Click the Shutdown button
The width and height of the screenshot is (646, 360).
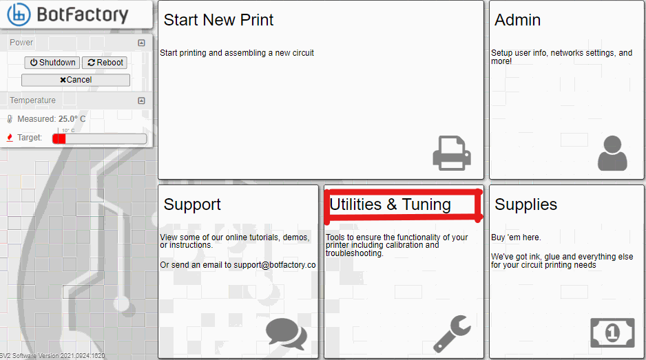[x=52, y=63]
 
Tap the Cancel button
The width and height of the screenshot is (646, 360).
[x=75, y=80]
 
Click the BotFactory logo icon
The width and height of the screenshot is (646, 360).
[x=19, y=14]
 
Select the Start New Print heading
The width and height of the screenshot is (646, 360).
[x=218, y=20]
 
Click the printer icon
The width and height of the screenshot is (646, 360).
[x=452, y=153]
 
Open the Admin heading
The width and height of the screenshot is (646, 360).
[x=517, y=20]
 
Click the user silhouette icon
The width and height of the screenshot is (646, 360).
[x=612, y=153]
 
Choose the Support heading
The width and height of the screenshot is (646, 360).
[x=192, y=204]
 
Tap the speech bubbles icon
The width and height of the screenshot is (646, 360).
[x=286, y=333]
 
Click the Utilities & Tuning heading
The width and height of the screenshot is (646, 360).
[x=390, y=204]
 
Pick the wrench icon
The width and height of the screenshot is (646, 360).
[x=452, y=334]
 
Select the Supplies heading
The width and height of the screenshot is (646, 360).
[x=525, y=204]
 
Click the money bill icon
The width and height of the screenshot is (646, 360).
[x=612, y=332]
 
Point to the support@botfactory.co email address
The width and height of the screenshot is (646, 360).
[x=274, y=265]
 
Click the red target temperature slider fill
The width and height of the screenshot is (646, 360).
[x=59, y=139]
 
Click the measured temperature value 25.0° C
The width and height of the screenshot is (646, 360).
[x=72, y=119]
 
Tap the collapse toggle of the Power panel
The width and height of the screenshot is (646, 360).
[x=141, y=43]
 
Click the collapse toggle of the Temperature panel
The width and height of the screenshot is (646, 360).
[x=141, y=100]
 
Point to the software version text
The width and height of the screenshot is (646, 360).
[x=52, y=355]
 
